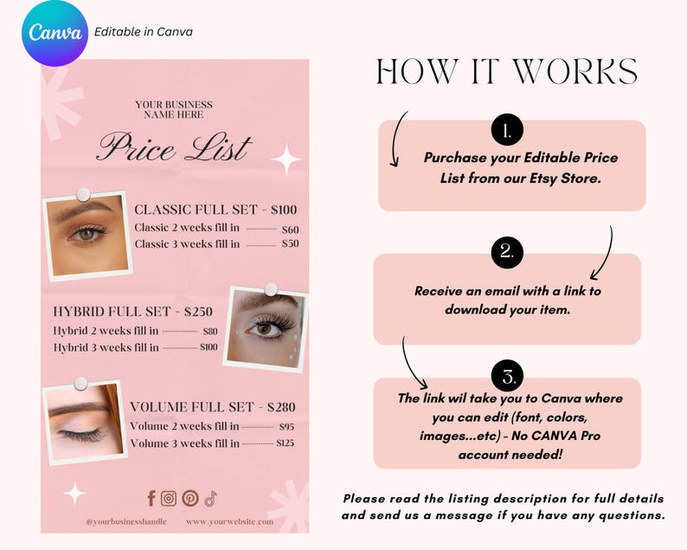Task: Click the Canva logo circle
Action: [56, 33]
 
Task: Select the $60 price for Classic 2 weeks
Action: [290, 229]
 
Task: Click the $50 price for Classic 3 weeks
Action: [290, 244]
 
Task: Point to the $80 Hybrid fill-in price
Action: [210, 331]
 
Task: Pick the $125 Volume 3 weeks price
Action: [286, 443]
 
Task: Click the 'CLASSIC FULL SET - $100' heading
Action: [215, 210]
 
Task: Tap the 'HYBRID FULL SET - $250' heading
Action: [137, 312]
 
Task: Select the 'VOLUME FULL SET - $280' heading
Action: [213, 407]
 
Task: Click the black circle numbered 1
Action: [506, 132]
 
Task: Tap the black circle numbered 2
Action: [506, 252]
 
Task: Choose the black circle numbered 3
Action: [506, 378]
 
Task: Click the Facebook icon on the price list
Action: [151, 498]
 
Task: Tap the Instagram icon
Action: [169, 498]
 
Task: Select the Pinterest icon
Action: [189, 498]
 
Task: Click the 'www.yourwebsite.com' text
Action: [229, 521]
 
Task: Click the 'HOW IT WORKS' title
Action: [507, 73]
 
